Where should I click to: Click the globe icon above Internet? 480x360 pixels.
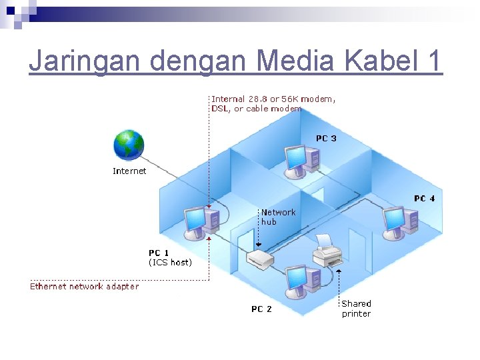[x=129, y=145]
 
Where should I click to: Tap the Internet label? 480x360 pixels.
[x=129, y=171]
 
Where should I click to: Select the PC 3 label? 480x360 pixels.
[x=326, y=139]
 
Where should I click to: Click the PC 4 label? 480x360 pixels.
[x=424, y=199]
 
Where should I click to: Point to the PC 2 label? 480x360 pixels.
[x=261, y=309]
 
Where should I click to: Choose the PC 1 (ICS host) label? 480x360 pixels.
[x=170, y=258]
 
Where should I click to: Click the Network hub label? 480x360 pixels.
[x=278, y=217]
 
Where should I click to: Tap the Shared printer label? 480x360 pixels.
[x=356, y=309]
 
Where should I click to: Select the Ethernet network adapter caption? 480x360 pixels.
[x=85, y=287]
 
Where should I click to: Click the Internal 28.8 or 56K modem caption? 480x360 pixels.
[x=273, y=103]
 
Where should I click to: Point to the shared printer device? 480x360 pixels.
[x=327, y=253]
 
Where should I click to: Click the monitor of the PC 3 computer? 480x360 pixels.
[x=294, y=157]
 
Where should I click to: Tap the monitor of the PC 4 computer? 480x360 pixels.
[x=393, y=219]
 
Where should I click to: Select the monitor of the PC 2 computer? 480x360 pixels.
[x=294, y=280]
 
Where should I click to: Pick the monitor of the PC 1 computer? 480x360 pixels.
[x=196, y=219]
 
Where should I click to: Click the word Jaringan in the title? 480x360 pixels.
[x=85, y=61]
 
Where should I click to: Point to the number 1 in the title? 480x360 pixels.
[x=434, y=61]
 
